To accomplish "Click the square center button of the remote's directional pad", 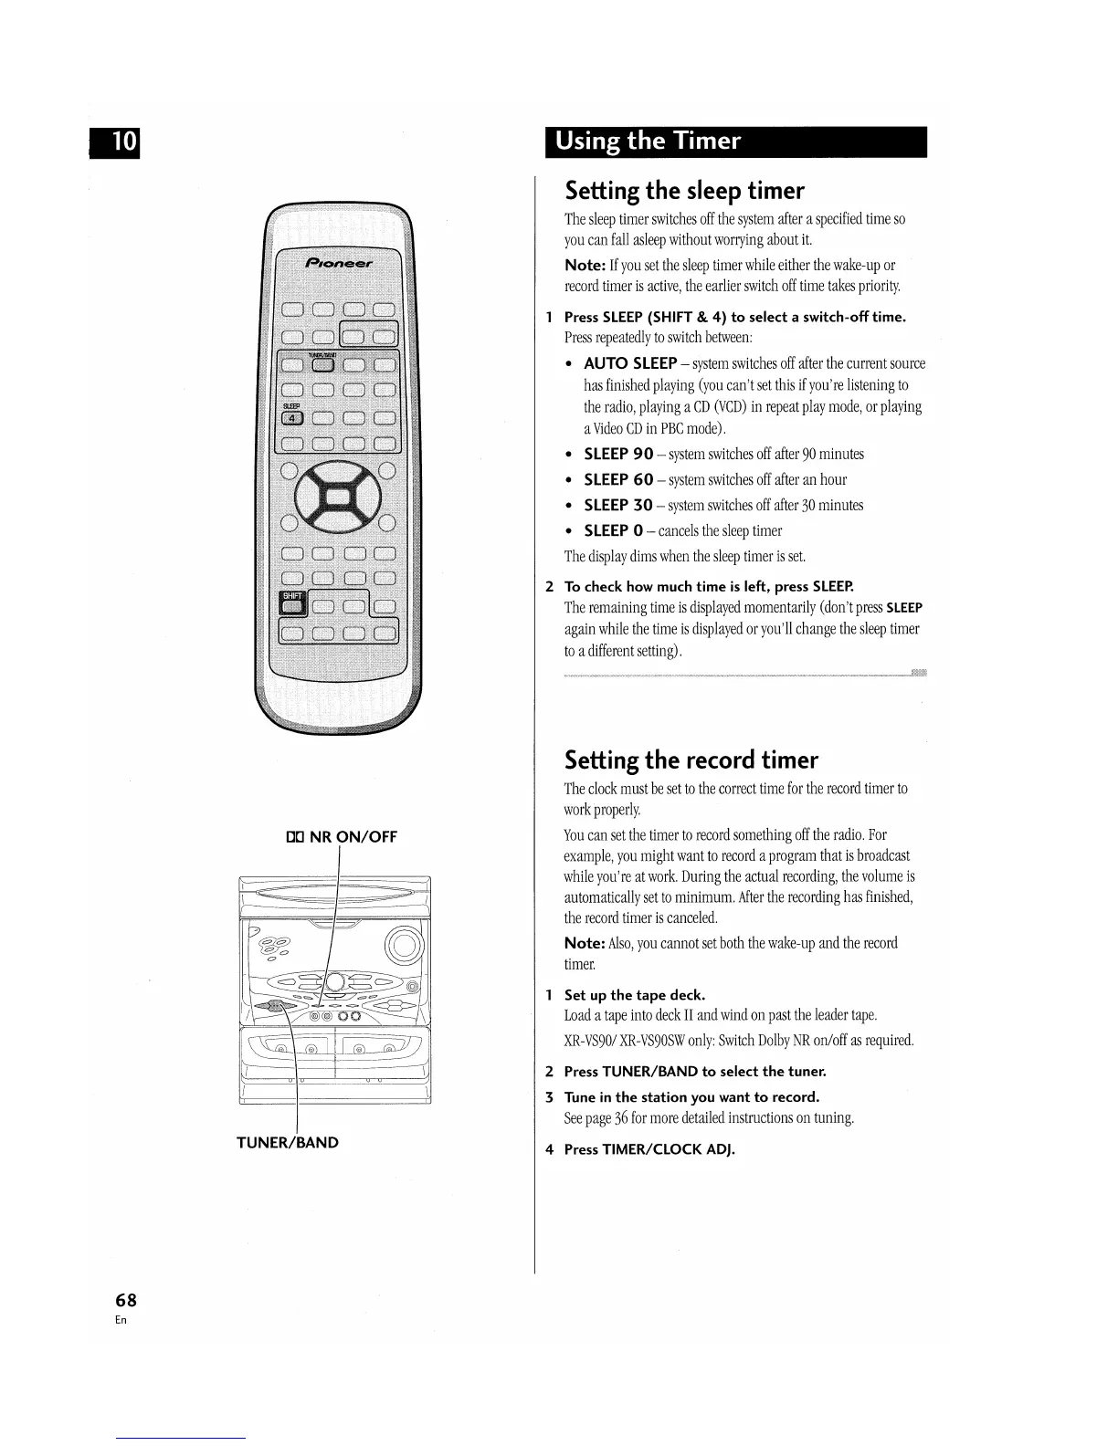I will point(336,498).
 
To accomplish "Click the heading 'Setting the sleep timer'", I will point(684,191).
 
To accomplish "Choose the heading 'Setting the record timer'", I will point(691,760).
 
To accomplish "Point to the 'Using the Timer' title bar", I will point(735,141).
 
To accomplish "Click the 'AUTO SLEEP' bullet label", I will point(630,364).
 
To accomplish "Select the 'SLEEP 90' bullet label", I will point(618,455).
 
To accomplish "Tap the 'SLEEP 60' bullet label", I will point(618,480).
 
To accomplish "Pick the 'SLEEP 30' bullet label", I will point(618,506).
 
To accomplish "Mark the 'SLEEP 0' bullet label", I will point(613,531).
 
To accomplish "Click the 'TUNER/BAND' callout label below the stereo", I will point(288,1142).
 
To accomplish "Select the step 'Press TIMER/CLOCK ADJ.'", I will point(649,1149).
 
